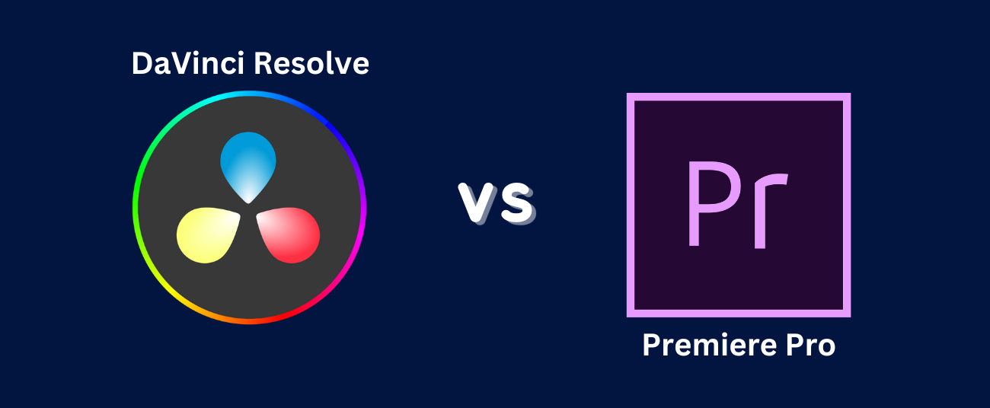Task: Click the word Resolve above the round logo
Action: click(311, 64)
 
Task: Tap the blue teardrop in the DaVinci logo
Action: click(248, 167)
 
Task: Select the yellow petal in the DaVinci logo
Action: click(207, 235)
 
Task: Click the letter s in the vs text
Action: click(516, 203)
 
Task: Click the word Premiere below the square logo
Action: click(709, 345)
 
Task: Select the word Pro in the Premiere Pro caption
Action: click(810, 345)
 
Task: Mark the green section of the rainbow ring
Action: click(139, 186)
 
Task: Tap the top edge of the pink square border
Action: click(739, 97)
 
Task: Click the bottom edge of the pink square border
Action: click(739, 313)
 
